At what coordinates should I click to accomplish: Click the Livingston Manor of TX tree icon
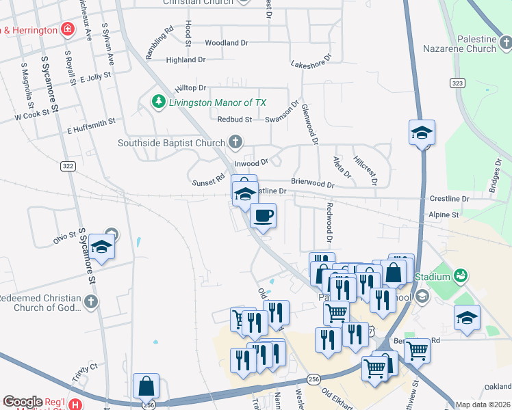pos(159,102)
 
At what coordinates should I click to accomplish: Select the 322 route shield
pos(68,166)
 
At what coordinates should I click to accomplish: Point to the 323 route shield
pos(458,82)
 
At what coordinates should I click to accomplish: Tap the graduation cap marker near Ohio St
pos(102,247)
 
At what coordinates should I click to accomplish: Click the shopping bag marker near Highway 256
pos(146,386)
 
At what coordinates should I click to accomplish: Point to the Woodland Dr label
pos(226,42)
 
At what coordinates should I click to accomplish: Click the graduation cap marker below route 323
pos(422,133)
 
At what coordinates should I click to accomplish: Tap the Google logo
pos(23,402)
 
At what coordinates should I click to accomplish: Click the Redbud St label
pos(235,119)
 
